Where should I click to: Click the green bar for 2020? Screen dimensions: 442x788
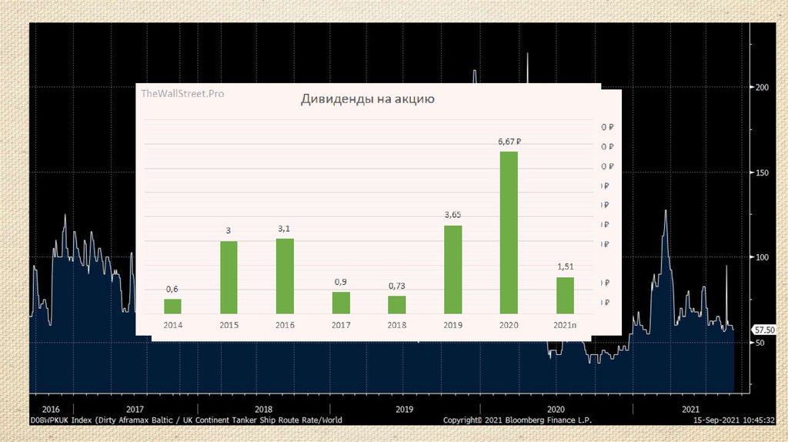[x=509, y=232]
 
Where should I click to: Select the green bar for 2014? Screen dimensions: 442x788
[x=172, y=306]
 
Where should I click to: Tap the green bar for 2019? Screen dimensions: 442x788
[x=452, y=269]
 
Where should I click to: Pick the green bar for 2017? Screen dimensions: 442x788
[x=341, y=303]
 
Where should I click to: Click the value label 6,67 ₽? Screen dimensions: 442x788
[x=509, y=141]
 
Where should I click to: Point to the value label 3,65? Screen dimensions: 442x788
[x=452, y=215]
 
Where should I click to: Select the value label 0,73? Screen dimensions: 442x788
[x=396, y=286]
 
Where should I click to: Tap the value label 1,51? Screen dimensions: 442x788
[x=566, y=266]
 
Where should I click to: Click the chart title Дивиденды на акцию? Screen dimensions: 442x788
[x=368, y=99]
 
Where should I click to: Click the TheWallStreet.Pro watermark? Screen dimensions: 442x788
[x=182, y=93]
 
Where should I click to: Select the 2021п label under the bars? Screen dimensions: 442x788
[x=566, y=326]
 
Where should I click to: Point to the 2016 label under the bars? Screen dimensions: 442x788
[x=285, y=326]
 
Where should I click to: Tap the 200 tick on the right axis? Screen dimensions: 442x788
[x=762, y=88]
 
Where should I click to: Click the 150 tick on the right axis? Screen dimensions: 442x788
[x=762, y=172]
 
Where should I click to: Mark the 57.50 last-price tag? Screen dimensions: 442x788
[x=763, y=330]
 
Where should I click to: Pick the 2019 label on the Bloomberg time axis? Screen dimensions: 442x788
[x=405, y=409]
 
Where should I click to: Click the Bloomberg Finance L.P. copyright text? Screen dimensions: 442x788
[x=517, y=420]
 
